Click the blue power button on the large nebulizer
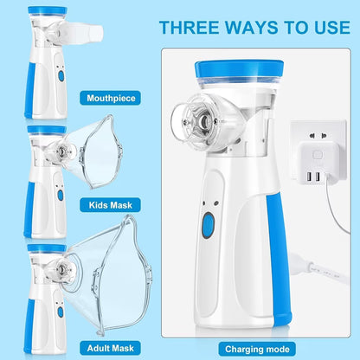(208, 228)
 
